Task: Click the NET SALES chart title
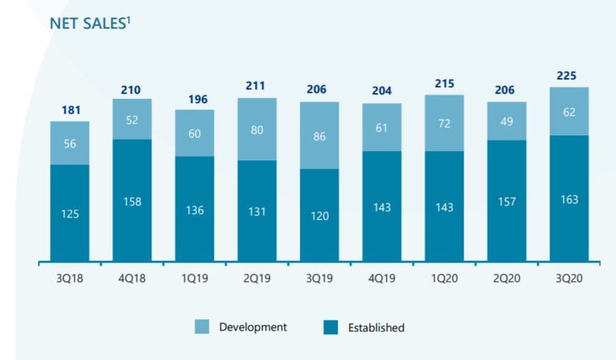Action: pyautogui.click(x=88, y=23)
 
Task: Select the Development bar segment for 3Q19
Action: pyautogui.click(x=319, y=135)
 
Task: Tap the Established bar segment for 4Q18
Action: pyautogui.click(x=132, y=200)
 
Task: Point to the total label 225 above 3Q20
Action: pyautogui.click(x=569, y=76)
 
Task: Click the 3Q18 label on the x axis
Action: pyautogui.click(x=69, y=278)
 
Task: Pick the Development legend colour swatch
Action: pyautogui.click(x=202, y=327)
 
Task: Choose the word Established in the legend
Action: pyautogui.click(x=376, y=328)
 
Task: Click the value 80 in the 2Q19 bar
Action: pyautogui.click(x=257, y=129)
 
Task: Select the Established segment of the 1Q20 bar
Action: pyautogui.click(x=444, y=206)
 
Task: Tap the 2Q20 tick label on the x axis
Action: pyautogui.click(x=507, y=278)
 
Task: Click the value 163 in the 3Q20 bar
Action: pyautogui.click(x=569, y=199)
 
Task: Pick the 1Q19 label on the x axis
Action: pyautogui.click(x=194, y=278)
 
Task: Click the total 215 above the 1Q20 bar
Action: pyautogui.click(x=444, y=84)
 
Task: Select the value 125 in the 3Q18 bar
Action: pyautogui.click(x=69, y=213)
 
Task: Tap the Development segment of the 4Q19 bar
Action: pyautogui.click(x=381, y=127)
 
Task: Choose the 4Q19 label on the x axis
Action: pyautogui.click(x=381, y=278)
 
